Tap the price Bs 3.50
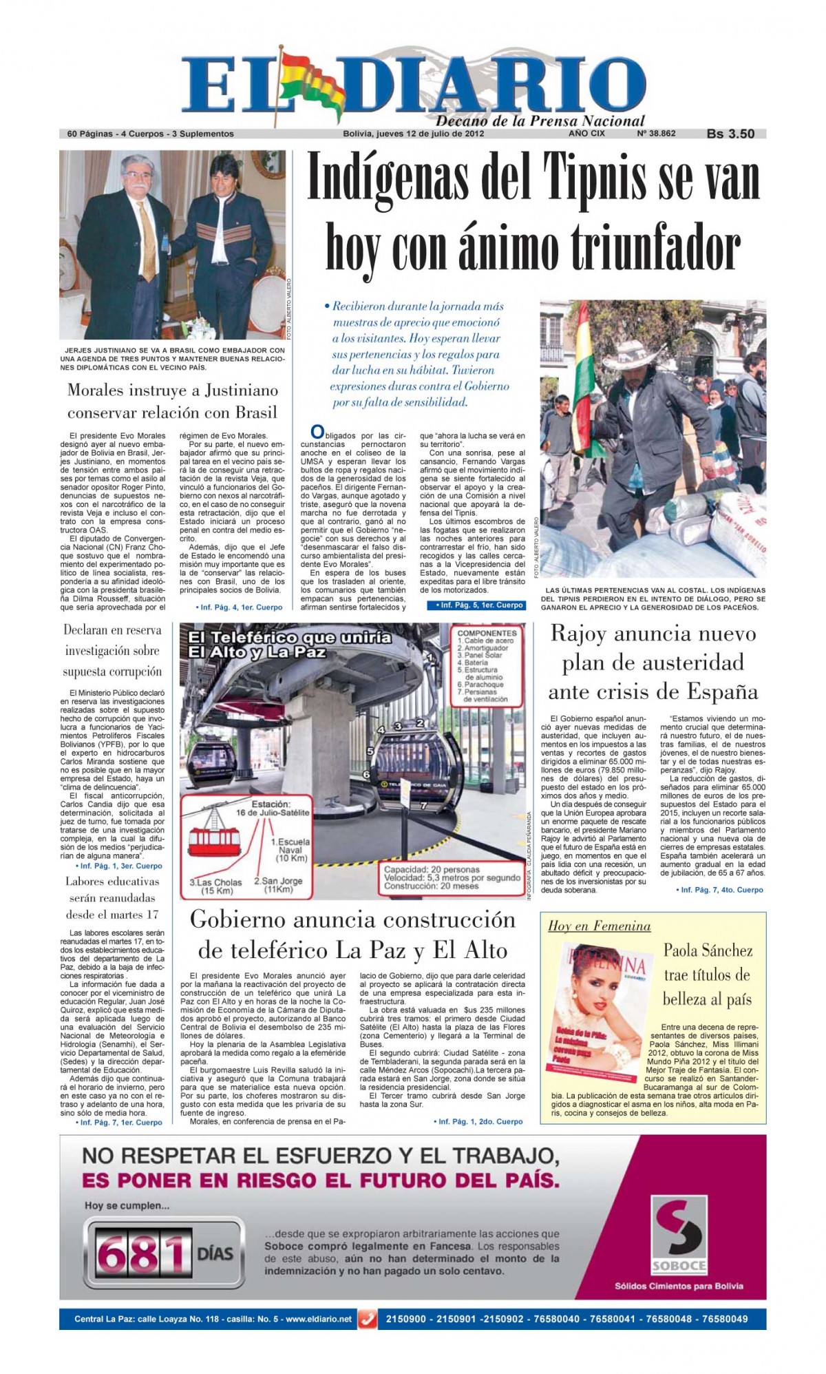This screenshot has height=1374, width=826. (x=730, y=134)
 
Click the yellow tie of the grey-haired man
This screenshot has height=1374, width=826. (x=147, y=249)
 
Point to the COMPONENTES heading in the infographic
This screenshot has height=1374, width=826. (x=487, y=632)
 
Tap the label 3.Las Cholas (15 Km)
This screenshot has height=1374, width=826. (x=216, y=886)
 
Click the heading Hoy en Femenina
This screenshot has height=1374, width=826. (x=599, y=926)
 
